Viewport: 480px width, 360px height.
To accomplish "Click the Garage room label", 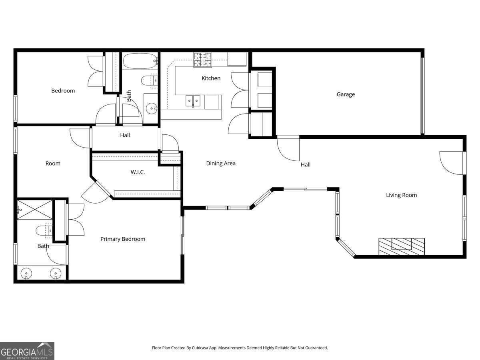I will click(346, 94).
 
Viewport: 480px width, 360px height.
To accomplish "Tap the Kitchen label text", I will click(211, 78).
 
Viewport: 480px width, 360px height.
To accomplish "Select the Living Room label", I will click(401, 195).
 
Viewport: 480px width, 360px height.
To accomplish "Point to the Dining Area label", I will click(221, 163).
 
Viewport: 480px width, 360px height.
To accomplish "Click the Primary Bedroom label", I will click(122, 239).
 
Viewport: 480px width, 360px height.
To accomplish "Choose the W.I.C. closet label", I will click(138, 172).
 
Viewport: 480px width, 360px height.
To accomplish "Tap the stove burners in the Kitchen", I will click(203, 60).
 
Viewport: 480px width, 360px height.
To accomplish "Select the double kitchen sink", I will click(193, 100).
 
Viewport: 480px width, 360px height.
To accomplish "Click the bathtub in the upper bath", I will click(139, 62).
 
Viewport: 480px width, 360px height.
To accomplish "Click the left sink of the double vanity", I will click(26, 274).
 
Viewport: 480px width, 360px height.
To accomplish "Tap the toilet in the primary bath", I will click(43, 231).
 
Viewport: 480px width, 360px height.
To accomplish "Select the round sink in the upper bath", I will click(151, 108).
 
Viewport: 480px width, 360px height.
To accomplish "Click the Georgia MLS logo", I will click(27, 351).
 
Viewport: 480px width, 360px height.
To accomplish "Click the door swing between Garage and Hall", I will click(288, 148).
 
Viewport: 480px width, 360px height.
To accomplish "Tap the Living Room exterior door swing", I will click(452, 163).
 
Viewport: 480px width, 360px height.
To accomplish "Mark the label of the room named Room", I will click(53, 163).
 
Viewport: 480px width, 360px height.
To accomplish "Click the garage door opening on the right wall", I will click(422, 95).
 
